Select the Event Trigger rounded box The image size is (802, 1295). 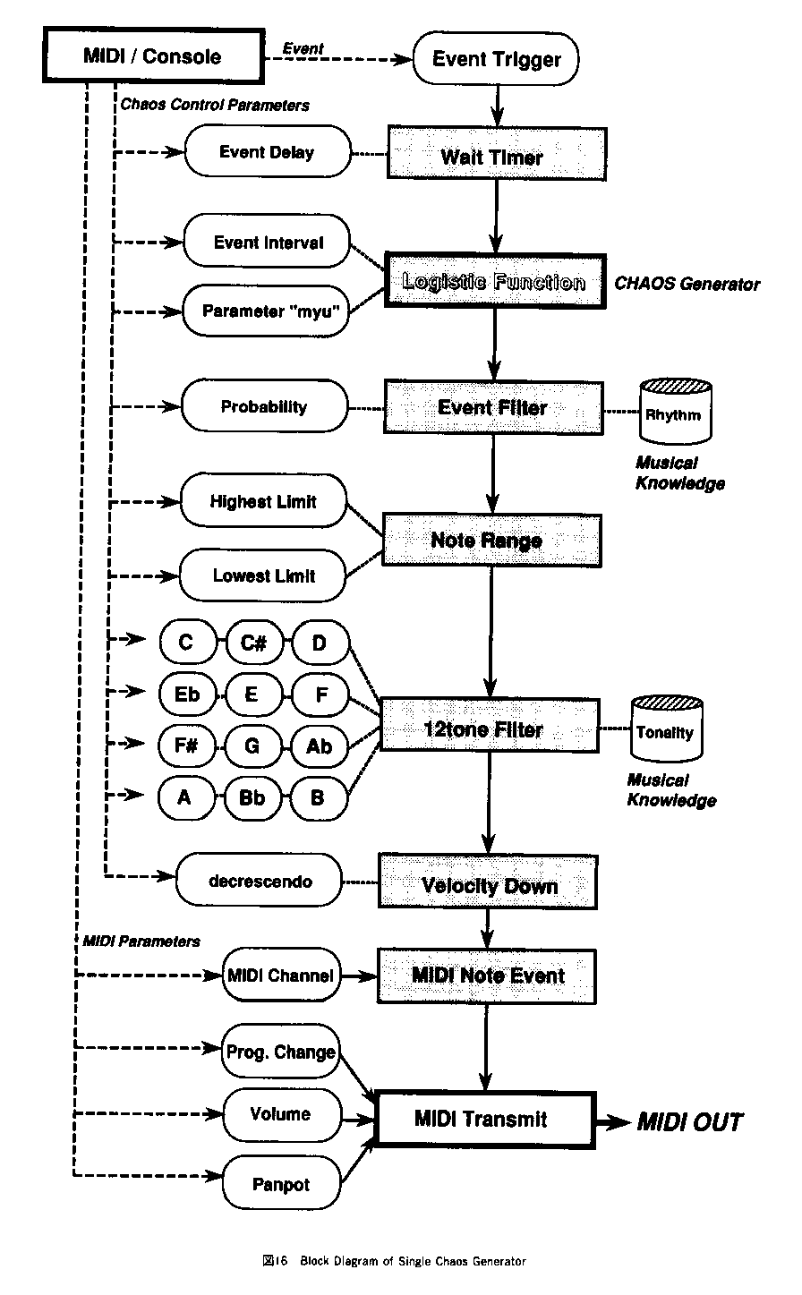(x=496, y=60)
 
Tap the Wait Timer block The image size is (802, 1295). (x=492, y=158)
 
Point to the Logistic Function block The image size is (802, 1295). (x=493, y=282)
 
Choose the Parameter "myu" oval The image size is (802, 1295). (x=266, y=311)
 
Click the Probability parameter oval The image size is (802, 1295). (x=264, y=407)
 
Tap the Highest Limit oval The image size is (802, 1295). (x=263, y=502)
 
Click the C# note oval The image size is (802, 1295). (x=252, y=643)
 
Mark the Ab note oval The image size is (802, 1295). (x=318, y=745)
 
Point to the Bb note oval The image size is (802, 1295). (x=252, y=797)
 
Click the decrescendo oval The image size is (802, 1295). (x=260, y=882)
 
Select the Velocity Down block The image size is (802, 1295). (x=489, y=886)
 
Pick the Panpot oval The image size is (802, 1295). (x=281, y=1184)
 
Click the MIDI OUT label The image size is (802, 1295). (x=689, y=1121)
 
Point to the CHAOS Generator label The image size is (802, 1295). (x=687, y=285)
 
